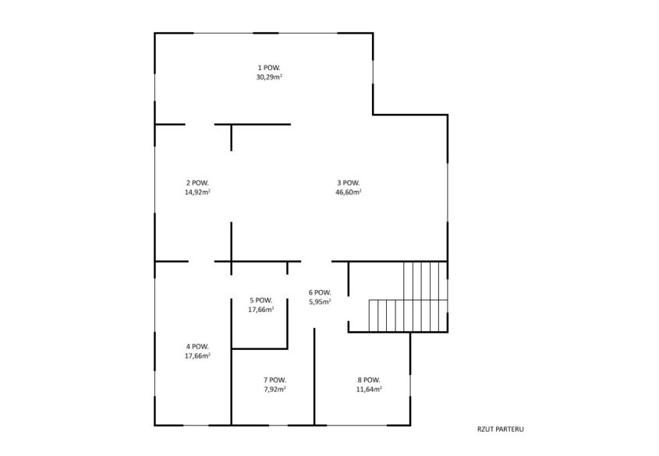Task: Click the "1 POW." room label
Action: click(269, 68)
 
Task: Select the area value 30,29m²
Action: click(269, 77)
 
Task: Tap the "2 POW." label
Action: click(197, 182)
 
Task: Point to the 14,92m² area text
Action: click(197, 192)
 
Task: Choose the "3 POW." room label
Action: click(349, 182)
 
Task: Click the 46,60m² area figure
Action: click(349, 192)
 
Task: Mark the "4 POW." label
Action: click(197, 346)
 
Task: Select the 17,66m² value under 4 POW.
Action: click(197, 355)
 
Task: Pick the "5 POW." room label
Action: click(261, 300)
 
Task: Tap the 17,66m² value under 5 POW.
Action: click(261, 309)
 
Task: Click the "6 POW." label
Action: click(320, 292)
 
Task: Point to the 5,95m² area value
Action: click(320, 302)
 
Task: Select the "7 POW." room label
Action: click(275, 380)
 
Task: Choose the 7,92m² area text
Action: click(275, 389)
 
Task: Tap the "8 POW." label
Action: click(369, 380)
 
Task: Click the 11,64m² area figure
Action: click(369, 389)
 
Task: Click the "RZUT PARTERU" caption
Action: click(501, 429)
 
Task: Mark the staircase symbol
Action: click(408, 297)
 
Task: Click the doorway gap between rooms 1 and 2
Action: click(200, 124)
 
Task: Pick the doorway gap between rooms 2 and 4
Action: click(201, 262)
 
